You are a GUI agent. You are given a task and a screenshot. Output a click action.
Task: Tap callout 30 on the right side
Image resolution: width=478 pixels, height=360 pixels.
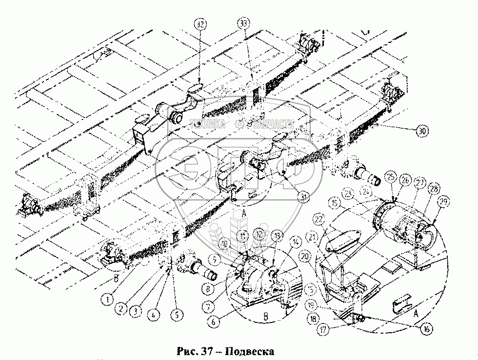pos(423,130)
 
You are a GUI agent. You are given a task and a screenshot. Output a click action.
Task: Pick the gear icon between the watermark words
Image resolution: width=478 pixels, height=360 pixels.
pos(239,124)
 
